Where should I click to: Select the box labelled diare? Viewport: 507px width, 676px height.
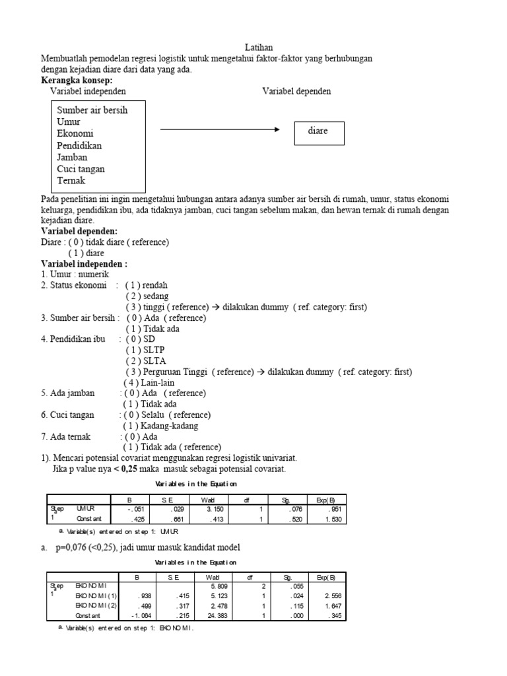click(318, 131)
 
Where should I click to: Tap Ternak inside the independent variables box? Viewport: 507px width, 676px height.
click(71, 180)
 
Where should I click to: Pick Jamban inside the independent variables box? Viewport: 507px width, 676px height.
click(72, 157)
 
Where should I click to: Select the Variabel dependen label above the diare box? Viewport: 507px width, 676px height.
click(296, 91)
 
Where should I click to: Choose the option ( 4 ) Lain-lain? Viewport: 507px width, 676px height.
click(150, 383)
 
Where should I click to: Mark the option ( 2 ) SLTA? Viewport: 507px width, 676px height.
click(146, 361)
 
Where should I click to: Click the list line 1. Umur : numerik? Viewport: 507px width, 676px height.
click(75, 274)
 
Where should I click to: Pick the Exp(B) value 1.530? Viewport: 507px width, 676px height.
click(333, 519)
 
